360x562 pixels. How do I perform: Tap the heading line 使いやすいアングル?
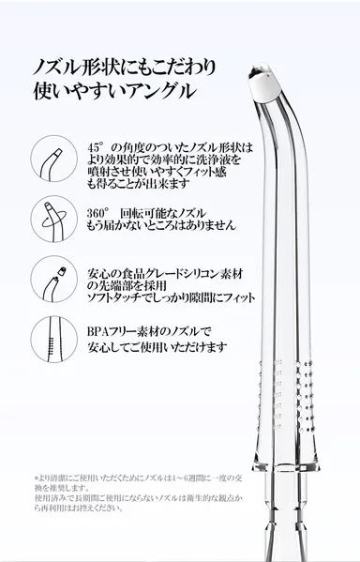(113, 92)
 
